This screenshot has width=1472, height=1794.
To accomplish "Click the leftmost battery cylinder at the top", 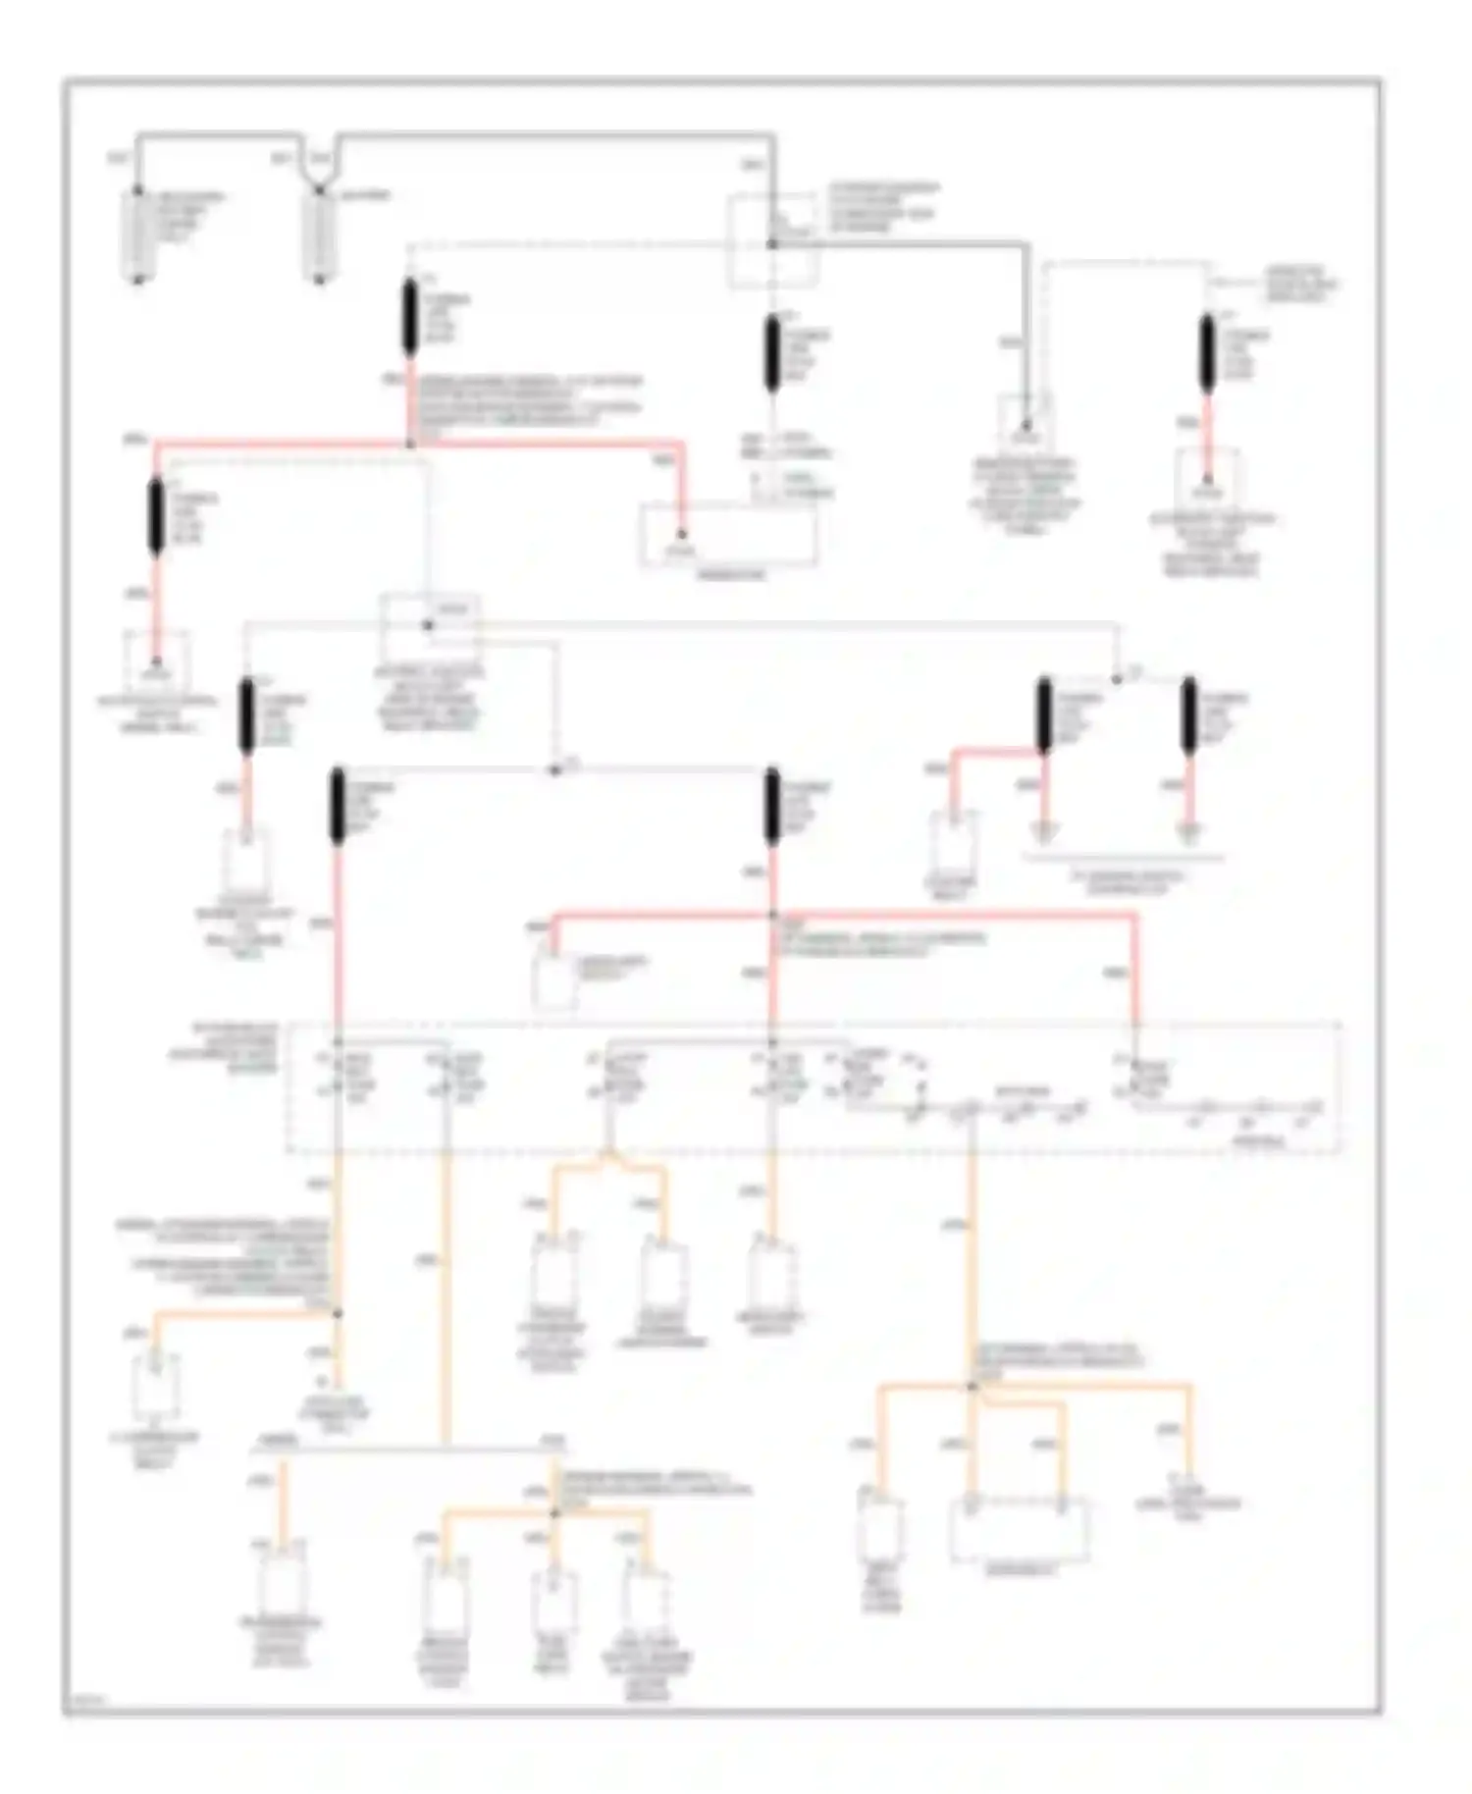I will (137, 236).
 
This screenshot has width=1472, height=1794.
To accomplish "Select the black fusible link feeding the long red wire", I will (410, 316).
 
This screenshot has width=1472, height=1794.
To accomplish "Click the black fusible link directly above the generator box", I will (772, 351).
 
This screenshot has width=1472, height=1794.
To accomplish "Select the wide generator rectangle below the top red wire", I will (729, 536).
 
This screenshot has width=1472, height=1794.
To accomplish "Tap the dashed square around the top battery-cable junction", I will (771, 241).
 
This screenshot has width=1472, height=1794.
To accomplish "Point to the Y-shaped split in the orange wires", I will (608, 1163).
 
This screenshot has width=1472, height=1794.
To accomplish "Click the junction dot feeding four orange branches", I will (972, 1386).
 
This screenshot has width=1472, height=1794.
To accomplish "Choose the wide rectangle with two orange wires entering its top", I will (1019, 1529).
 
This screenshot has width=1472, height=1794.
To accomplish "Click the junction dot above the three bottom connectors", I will (553, 1513).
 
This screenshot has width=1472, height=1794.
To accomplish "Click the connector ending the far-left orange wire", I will (157, 1386).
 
